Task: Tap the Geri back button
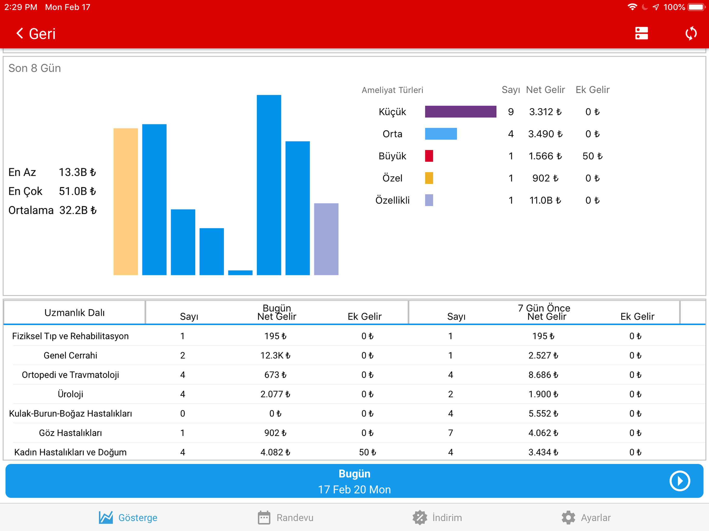point(36,34)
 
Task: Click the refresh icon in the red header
point(691,33)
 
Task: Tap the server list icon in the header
point(641,33)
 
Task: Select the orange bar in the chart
point(126,201)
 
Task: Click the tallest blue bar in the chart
point(269,185)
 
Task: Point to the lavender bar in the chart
point(326,239)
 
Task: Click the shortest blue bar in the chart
point(240,273)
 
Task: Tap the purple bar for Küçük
point(461,111)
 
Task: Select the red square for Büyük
point(429,156)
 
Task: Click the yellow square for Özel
point(429,178)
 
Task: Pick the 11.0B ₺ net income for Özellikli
point(545,200)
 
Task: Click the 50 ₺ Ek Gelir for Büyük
point(592,156)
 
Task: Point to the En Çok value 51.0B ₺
point(77,191)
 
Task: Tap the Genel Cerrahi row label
point(71,355)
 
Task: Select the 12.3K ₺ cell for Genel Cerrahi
point(275,355)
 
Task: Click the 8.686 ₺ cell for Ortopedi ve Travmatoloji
point(543,375)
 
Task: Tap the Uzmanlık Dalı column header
point(74,313)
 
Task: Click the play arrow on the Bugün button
point(679,481)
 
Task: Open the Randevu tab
point(285,518)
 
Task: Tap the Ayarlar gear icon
point(568,518)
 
